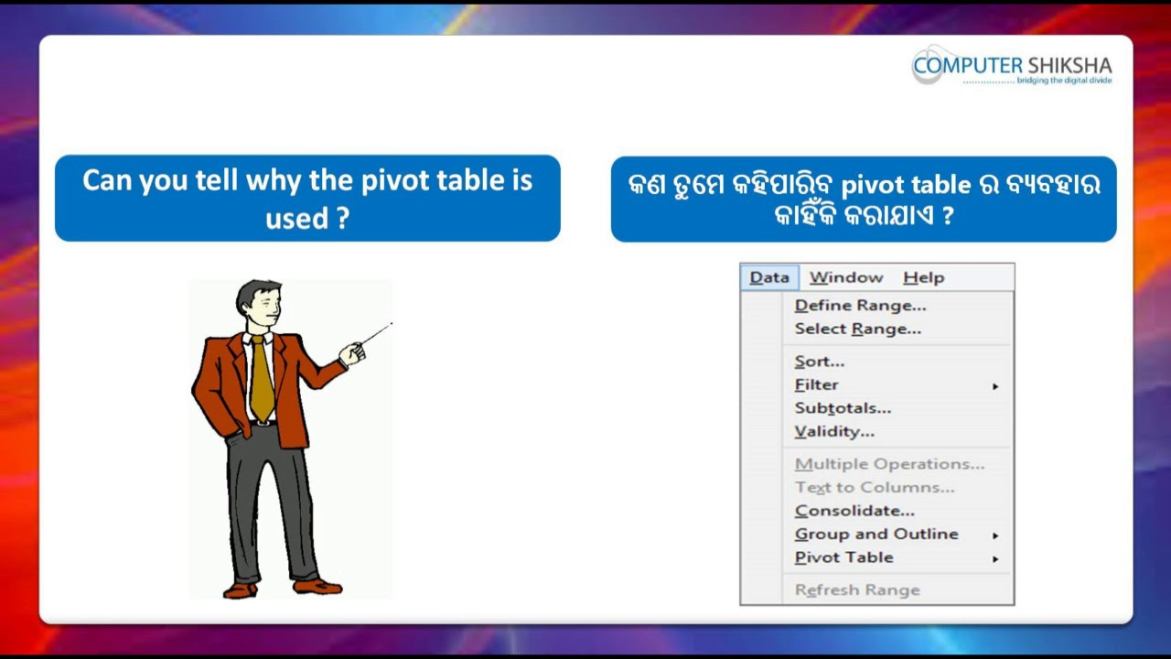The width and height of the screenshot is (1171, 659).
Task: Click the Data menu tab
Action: [x=769, y=277]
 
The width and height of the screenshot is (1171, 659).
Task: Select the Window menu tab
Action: [x=846, y=277]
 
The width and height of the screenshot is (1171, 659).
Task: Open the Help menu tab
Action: [x=923, y=277]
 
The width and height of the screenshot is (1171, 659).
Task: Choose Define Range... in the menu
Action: [x=860, y=306]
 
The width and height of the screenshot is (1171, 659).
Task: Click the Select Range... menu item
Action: [x=857, y=329]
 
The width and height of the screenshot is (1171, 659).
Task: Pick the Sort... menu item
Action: [x=819, y=362]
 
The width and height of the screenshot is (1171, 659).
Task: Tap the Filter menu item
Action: [x=816, y=385]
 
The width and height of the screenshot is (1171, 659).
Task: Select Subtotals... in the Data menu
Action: [x=843, y=408]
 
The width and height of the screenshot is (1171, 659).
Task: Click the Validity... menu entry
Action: [x=834, y=432]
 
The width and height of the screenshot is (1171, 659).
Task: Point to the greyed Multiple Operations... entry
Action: [x=889, y=464]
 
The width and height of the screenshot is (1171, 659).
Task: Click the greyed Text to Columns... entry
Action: [x=875, y=488]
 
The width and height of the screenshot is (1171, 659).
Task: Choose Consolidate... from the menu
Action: [x=854, y=511]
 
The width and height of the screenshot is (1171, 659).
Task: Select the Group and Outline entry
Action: [x=876, y=535]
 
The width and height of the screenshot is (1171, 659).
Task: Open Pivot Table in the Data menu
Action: [x=843, y=557]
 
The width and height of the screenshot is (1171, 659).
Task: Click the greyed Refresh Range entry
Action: [x=857, y=590]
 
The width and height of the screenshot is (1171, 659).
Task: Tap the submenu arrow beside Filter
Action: [x=995, y=386]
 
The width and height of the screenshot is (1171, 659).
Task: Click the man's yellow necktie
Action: [x=262, y=377]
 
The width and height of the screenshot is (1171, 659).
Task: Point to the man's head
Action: [x=258, y=302]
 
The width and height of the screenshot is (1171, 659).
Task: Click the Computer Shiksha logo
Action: [x=1012, y=66]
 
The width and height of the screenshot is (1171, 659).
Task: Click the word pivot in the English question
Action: [x=396, y=179]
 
